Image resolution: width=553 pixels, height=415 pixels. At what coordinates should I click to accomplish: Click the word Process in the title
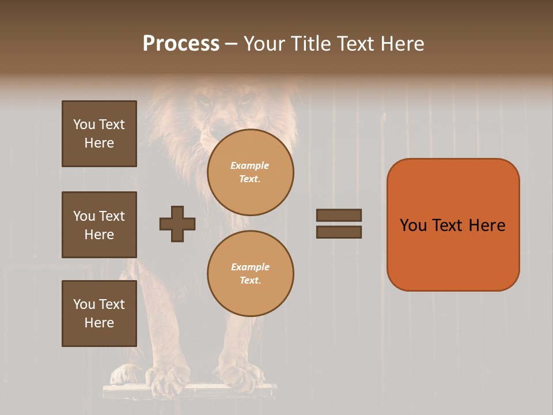(x=181, y=44)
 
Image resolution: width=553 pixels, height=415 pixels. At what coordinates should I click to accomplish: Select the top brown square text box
(x=99, y=134)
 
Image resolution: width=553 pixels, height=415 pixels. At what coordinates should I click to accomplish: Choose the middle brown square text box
(x=99, y=225)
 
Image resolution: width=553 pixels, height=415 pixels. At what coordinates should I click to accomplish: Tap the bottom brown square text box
(x=99, y=313)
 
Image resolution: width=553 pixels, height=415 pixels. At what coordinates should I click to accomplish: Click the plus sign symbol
(x=177, y=224)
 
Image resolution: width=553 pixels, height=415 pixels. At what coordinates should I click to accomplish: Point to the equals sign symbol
(x=339, y=224)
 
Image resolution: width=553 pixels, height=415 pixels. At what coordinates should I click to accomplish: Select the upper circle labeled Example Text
(x=250, y=172)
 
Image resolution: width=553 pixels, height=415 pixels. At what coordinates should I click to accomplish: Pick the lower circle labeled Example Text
(x=250, y=274)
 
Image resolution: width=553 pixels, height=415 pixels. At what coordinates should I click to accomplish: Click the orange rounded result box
(x=453, y=225)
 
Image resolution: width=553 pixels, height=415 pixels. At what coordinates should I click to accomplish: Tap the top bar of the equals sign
(x=339, y=215)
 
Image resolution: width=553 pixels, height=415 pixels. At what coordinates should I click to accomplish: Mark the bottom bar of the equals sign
(x=339, y=232)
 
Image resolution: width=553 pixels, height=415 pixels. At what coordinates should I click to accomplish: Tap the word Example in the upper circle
(x=250, y=166)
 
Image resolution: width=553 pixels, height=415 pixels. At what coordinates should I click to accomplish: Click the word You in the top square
(x=84, y=124)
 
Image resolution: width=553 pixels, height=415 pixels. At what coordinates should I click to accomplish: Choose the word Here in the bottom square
(x=99, y=323)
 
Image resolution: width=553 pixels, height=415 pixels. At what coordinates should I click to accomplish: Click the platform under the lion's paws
(x=190, y=392)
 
